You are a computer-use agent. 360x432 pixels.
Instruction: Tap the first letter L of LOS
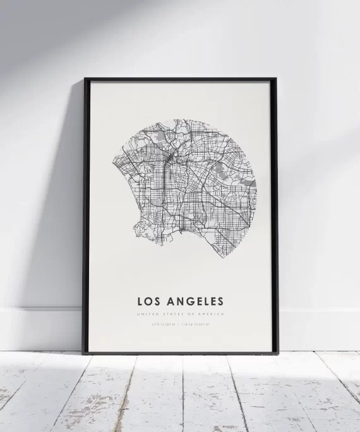(x=139, y=301)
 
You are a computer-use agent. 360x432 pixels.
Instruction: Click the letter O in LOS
(x=149, y=301)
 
